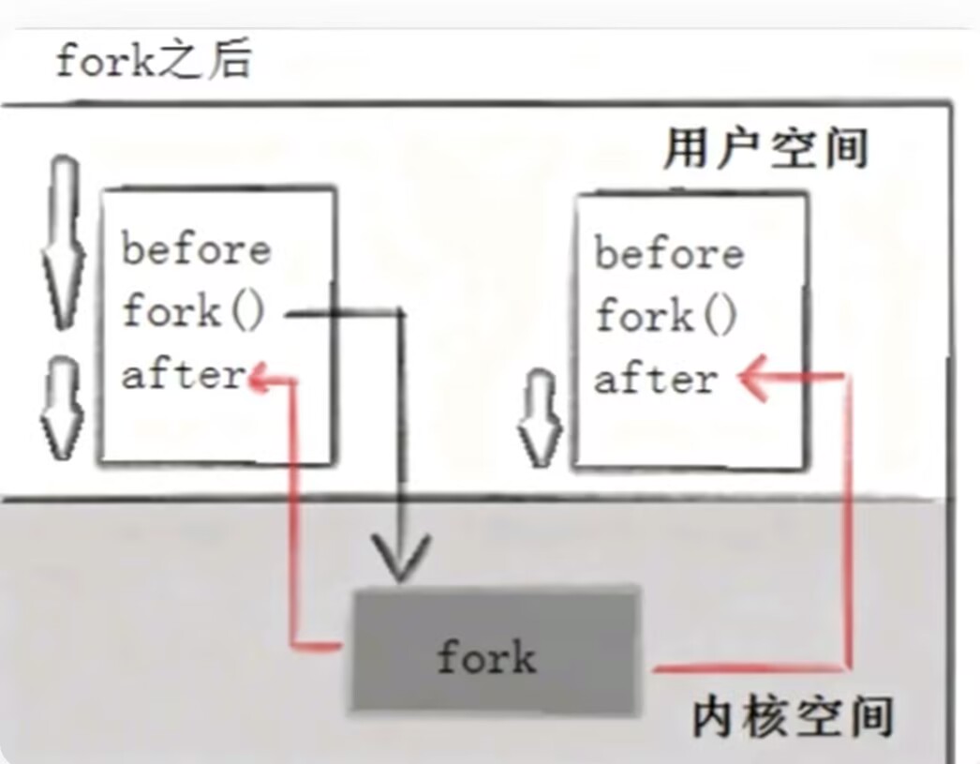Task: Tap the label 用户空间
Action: click(x=765, y=148)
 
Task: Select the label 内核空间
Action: click(x=792, y=717)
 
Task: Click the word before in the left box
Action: click(x=196, y=249)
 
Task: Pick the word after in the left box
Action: click(x=184, y=375)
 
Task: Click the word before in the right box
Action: click(x=669, y=253)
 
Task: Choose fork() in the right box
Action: click(x=666, y=316)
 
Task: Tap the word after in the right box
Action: click(x=656, y=380)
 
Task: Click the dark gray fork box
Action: click(x=496, y=649)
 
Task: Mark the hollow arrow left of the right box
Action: click(x=539, y=417)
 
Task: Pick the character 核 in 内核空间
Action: click(x=765, y=717)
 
